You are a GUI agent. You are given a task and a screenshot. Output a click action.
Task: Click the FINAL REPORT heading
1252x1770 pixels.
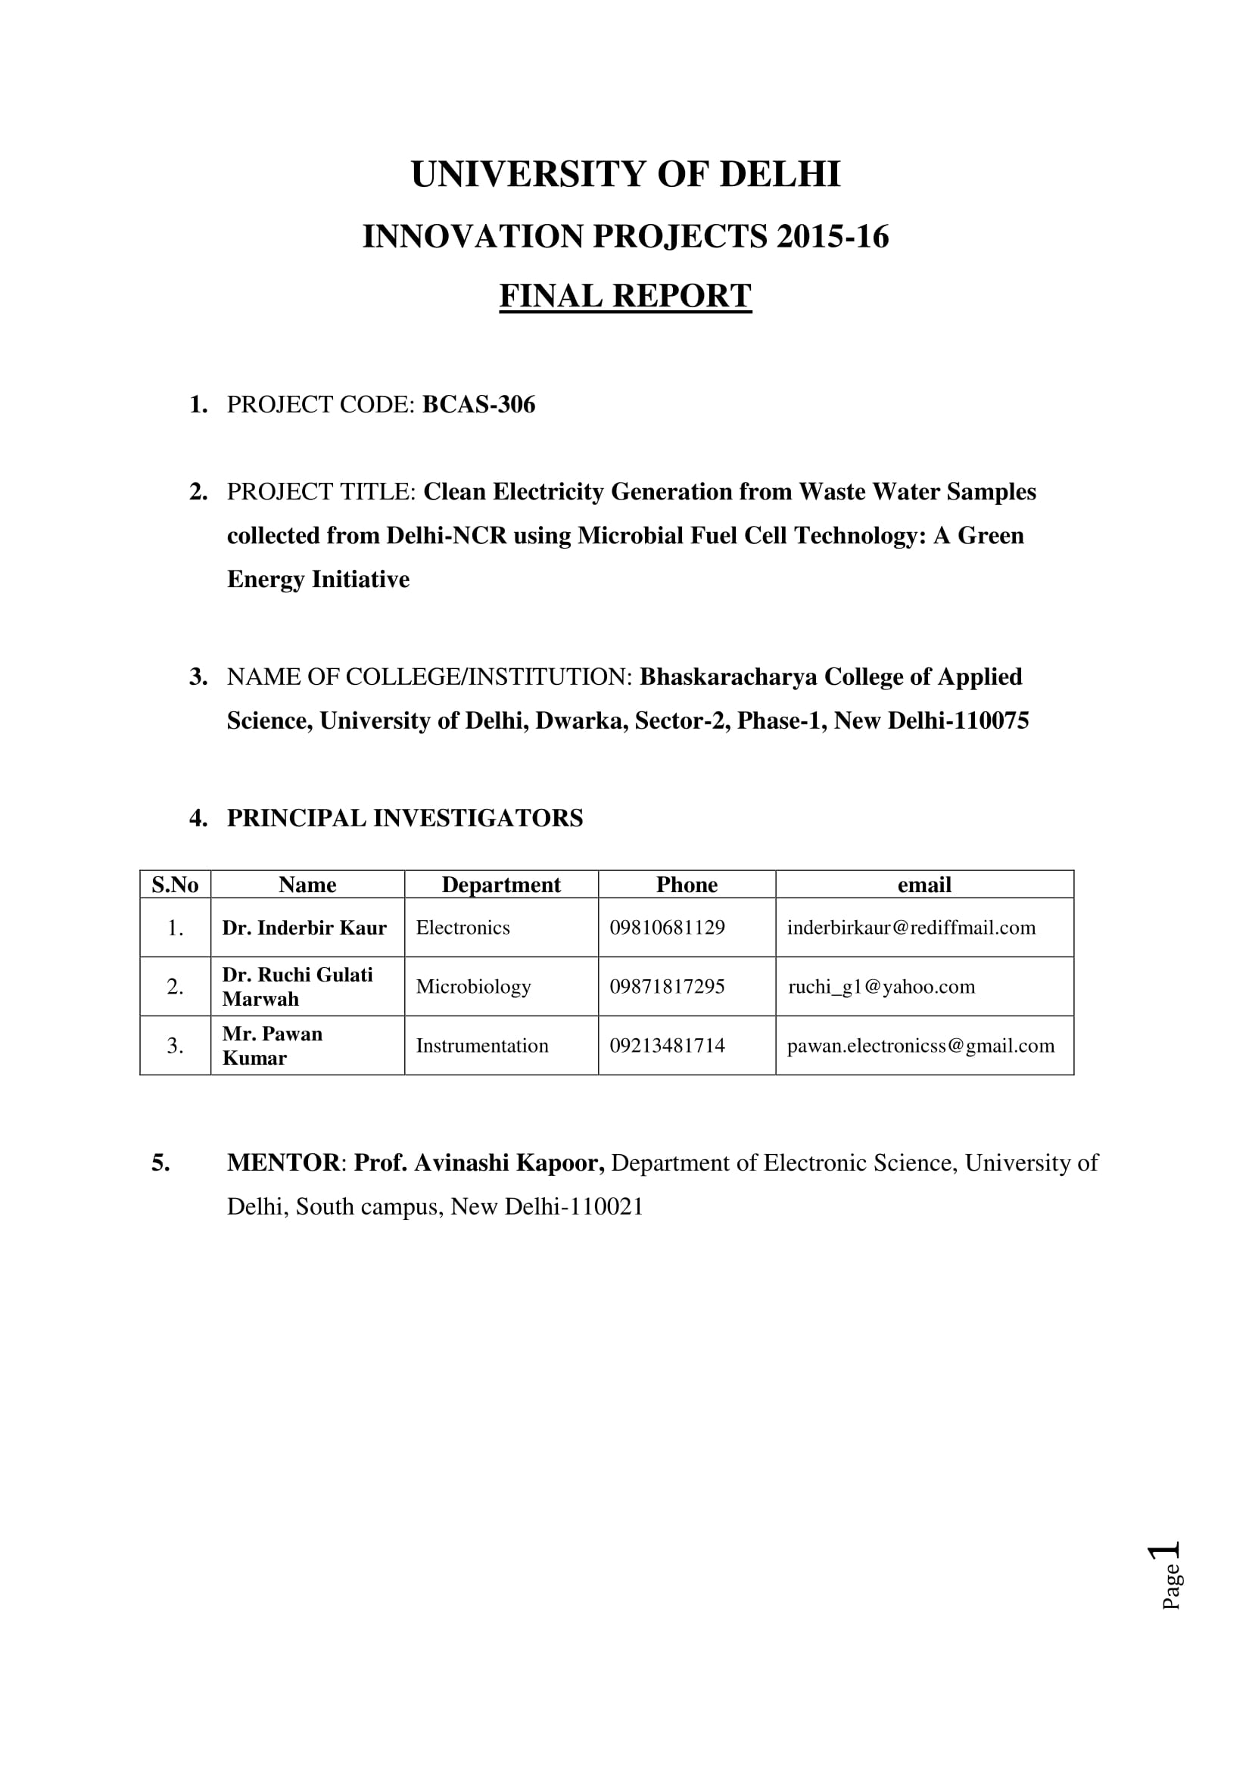pos(625,296)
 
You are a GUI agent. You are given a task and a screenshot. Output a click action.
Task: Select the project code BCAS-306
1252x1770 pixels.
pos(478,405)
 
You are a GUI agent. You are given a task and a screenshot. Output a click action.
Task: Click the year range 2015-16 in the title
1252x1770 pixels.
pos(833,237)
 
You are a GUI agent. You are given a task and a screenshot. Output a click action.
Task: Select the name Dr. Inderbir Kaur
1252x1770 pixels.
pos(304,928)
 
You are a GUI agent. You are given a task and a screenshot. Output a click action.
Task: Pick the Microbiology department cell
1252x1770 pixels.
pos(473,987)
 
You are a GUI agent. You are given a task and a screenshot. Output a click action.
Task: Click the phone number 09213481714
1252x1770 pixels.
pos(667,1045)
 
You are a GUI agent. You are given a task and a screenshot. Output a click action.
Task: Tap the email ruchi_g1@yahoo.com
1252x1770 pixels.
pos(881,987)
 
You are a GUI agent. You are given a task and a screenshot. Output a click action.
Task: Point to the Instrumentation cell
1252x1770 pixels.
pos(482,1045)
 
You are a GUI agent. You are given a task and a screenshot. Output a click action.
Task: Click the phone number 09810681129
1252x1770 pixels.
pos(667,928)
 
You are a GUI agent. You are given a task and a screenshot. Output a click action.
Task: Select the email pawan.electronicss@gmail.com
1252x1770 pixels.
pos(920,1045)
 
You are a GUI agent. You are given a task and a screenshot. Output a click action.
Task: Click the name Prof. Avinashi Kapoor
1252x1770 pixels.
pos(478,1162)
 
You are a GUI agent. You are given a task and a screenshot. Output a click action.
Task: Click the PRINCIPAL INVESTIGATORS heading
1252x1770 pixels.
pos(405,818)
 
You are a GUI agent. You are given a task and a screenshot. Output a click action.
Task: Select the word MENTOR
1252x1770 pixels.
pos(283,1162)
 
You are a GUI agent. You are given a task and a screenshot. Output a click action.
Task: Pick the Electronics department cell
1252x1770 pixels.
pos(462,928)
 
